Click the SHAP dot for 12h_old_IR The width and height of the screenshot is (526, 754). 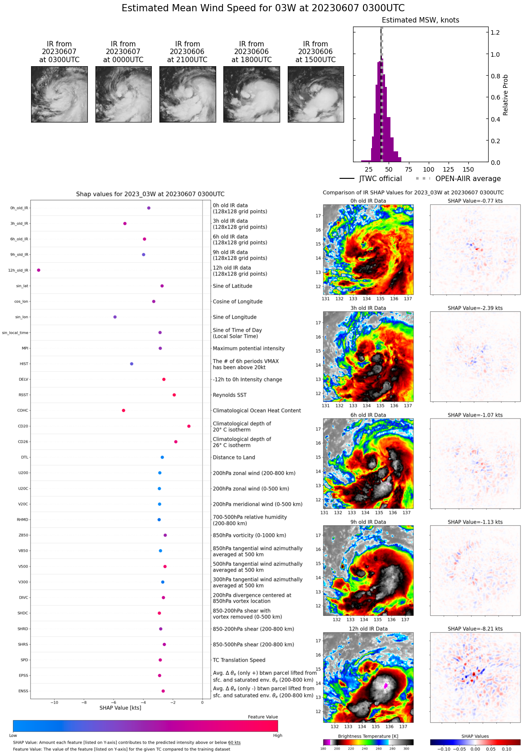click(39, 270)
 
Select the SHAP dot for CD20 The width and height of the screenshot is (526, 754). click(189, 426)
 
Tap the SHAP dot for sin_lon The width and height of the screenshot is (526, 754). click(115, 317)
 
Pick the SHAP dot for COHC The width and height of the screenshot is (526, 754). click(123, 410)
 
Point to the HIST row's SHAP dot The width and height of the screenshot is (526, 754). click(131, 364)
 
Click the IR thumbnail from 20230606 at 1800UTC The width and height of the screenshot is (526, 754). click(252, 94)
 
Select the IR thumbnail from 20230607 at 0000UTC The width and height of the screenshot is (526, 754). click(123, 94)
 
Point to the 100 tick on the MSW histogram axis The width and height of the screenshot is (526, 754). click(429, 169)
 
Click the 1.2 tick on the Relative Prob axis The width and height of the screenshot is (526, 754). click(495, 32)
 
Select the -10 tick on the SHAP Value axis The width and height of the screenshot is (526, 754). click(54, 702)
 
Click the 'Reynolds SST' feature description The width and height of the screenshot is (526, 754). click(230, 395)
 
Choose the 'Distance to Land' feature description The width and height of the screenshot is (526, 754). click(234, 458)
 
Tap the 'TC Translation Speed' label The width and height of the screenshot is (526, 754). click(239, 660)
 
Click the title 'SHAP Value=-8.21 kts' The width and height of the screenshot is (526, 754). click(475, 629)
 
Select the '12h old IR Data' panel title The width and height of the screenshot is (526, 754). click(368, 629)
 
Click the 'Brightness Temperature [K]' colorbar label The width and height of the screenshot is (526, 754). click(368, 736)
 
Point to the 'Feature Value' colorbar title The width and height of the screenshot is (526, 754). click(263, 717)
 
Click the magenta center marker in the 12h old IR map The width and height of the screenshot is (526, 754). click(385, 686)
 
